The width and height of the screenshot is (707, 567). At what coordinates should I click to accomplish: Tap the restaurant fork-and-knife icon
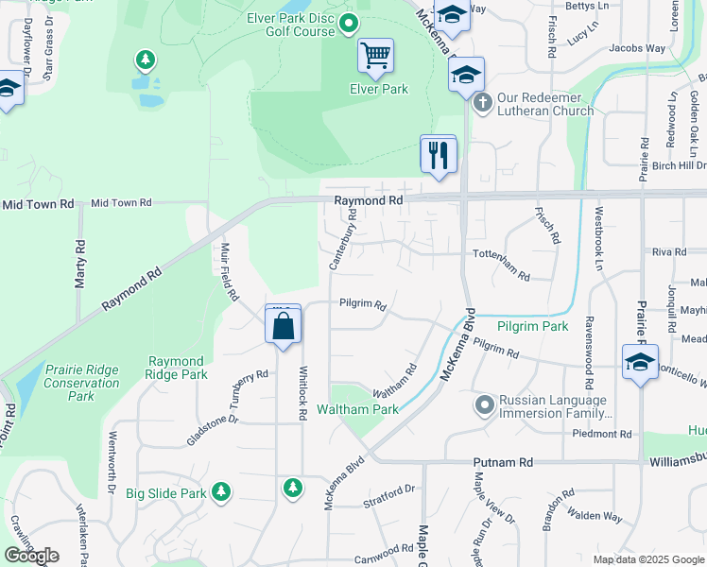click(x=438, y=154)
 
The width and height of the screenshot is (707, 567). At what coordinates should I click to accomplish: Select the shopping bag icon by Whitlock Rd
click(x=284, y=327)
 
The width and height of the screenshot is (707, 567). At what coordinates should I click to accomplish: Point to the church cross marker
click(x=481, y=101)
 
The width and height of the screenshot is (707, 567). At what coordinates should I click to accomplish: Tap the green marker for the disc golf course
click(x=348, y=21)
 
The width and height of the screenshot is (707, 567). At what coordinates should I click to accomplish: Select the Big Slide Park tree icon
click(x=221, y=491)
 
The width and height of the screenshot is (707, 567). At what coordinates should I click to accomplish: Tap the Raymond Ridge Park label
click(x=178, y=368)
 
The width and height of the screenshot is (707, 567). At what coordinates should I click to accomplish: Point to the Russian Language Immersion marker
click(x=484, y=405)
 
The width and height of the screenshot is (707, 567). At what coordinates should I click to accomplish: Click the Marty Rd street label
click(x=80, y=257)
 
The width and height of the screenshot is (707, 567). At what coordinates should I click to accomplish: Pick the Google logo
click(x=31, y=556)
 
